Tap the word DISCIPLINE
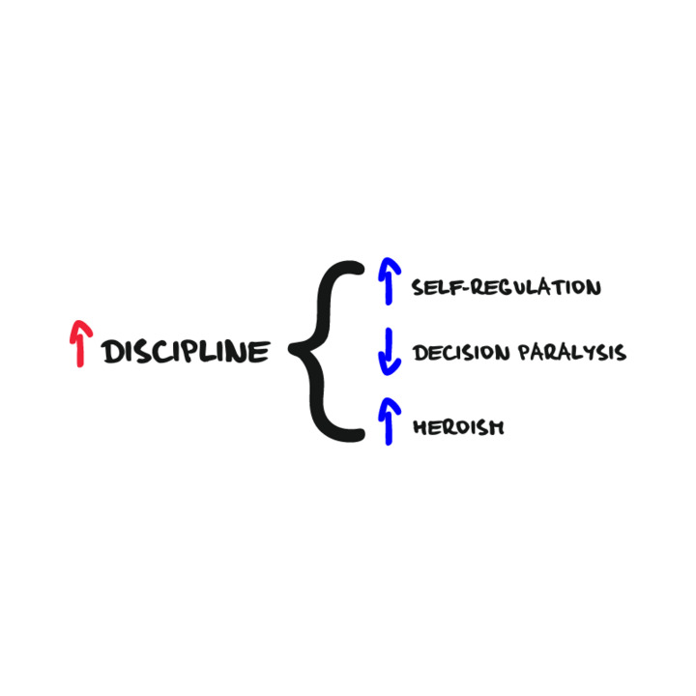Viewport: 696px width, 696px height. (185, 353)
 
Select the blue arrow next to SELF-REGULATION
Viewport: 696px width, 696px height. (387, 284)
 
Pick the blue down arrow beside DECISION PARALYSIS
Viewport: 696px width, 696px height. (388, 352)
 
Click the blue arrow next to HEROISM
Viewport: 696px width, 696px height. (389, 420)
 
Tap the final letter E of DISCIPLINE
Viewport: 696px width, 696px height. (260, 353)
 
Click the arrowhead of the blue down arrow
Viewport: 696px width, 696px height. (388, 368)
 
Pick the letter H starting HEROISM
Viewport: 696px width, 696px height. (420, 426)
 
